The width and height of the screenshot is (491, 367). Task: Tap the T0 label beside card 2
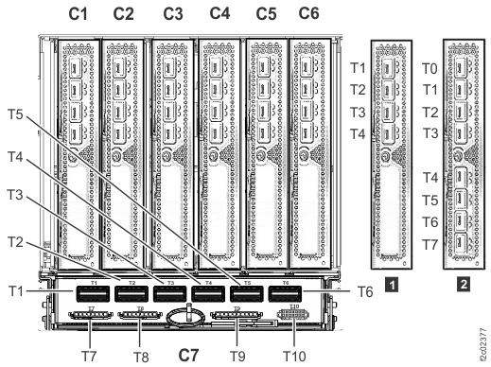click(x=429, y=68)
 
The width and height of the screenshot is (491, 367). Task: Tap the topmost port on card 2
click(x=462, y=68)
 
